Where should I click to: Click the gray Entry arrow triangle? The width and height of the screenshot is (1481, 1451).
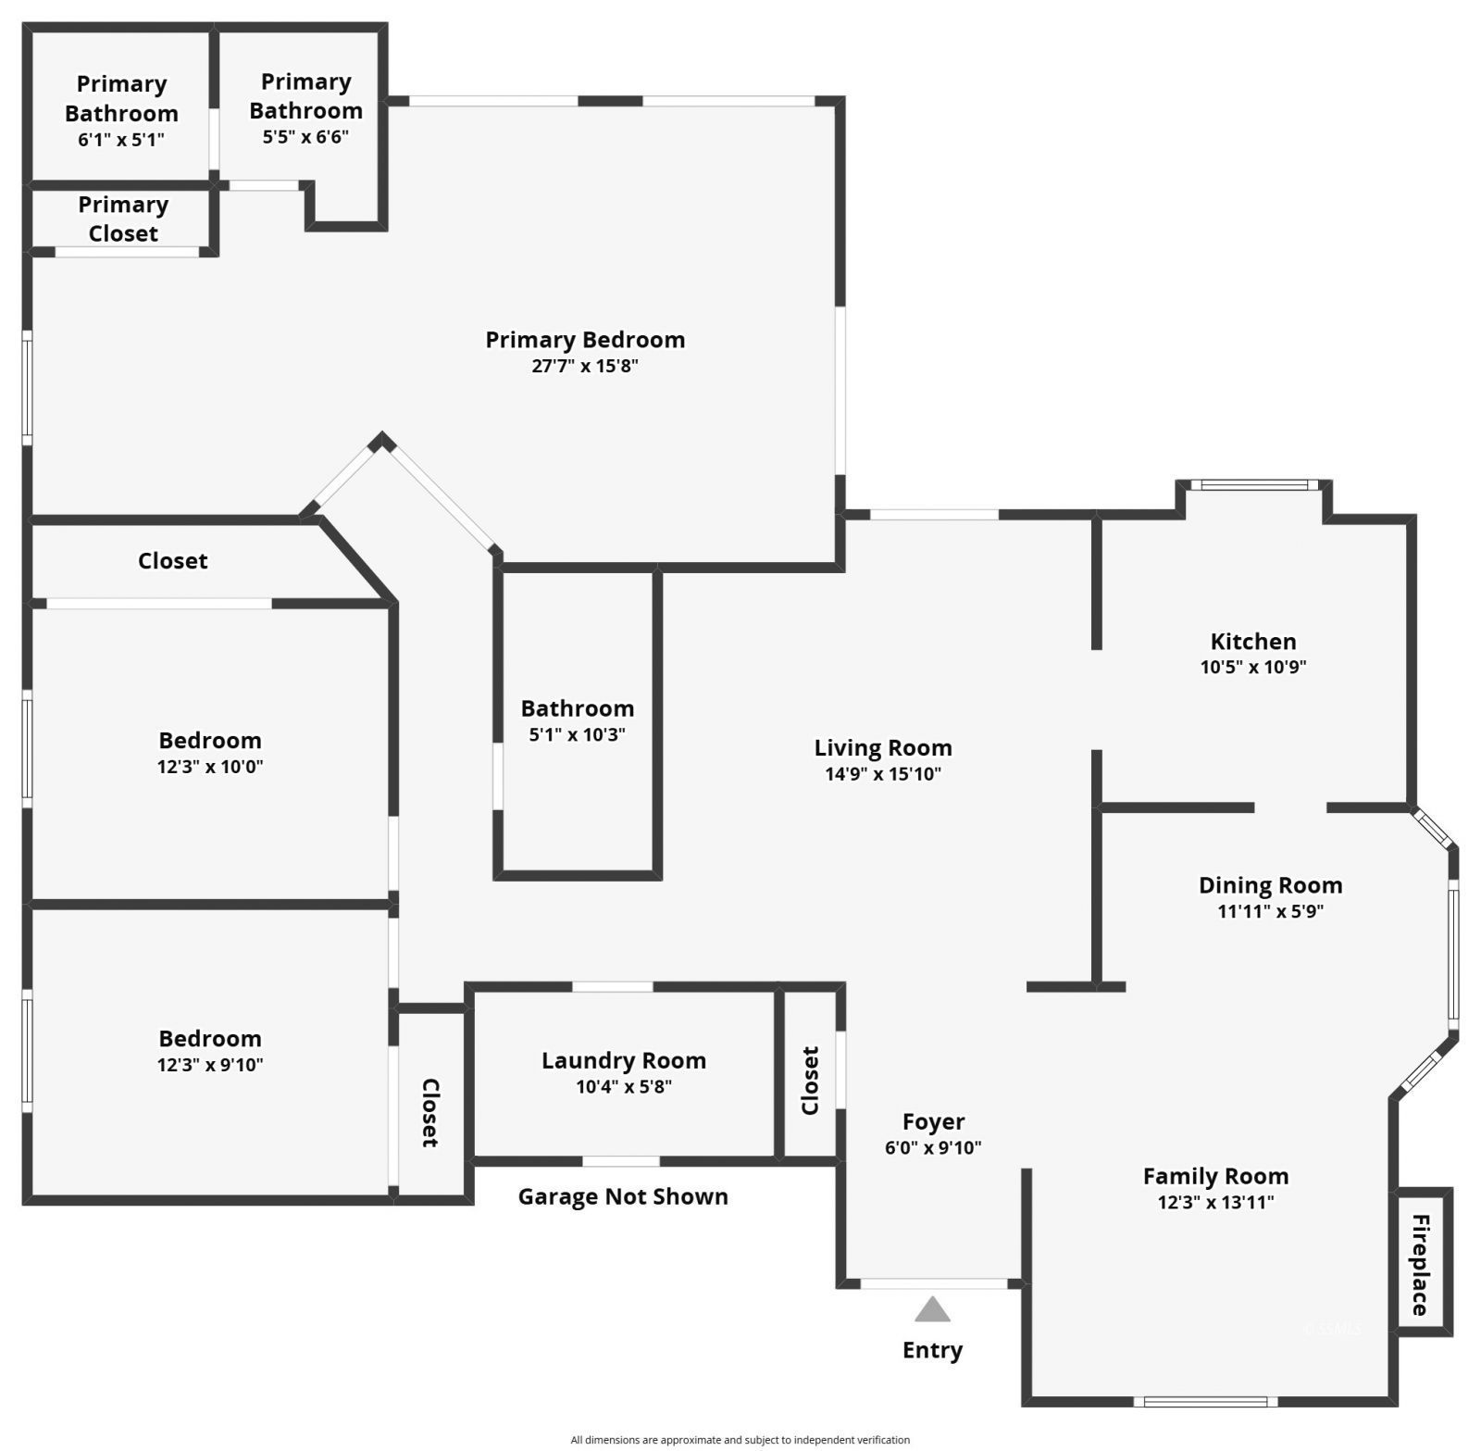[x=932, y=1309]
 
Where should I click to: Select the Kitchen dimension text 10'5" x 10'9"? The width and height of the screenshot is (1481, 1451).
[x=1252, y=667]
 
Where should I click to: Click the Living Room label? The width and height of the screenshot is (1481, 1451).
[x=882, y=747]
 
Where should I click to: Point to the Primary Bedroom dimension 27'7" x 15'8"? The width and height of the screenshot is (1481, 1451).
[x=584, y=366]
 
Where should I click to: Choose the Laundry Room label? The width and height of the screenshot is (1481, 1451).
[x=623, y=1060]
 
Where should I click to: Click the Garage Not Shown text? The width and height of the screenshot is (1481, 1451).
[x=622, y=1196]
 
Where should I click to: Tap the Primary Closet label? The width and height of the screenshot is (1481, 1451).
[x=123, y=219]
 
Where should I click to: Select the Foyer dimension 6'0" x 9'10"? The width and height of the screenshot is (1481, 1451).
[x=932, y=1148]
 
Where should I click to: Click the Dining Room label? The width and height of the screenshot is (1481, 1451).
[x=1270, y=885]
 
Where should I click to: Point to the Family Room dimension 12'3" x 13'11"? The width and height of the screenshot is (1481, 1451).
[x=1215, y=1203]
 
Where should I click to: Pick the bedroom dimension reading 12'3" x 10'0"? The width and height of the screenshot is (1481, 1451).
[x=210, y=767]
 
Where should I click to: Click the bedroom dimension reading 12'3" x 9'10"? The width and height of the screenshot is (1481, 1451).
[x=210, y=1065]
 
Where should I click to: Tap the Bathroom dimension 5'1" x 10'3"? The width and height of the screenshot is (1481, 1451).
[x=577, y=735]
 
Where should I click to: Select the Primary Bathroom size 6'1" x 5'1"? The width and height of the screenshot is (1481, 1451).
[x=121, y=140]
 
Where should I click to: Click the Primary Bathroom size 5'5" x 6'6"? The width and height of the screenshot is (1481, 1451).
[x=305, y=137]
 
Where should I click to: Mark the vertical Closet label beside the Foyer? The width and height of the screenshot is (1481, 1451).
[x=810, y=1081]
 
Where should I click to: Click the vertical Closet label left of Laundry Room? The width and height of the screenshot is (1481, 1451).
[x=430, y=1112]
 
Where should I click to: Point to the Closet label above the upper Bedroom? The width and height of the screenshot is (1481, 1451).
[x=172, y=560]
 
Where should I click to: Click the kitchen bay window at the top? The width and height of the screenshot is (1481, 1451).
[x=1254, y=484]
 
